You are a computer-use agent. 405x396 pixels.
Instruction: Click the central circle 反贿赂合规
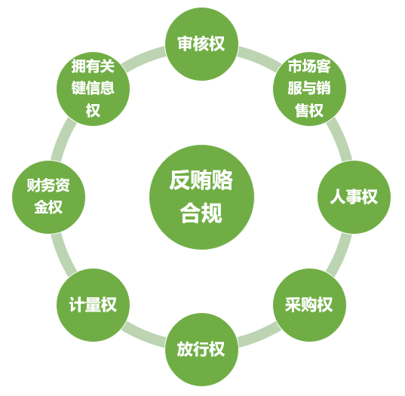click(x=201, y=197)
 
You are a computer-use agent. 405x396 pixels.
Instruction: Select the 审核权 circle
click(x=201, y=44)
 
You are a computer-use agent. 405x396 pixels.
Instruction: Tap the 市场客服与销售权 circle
click(x=309, y=89)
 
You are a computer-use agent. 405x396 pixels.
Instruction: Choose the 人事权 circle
click(x=354, y=197)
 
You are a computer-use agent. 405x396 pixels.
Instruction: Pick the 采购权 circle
click(x=309, y=305)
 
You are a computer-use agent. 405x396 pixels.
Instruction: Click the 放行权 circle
click(x=201, y=349)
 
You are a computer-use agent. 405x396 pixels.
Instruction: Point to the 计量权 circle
click(x=93, y=305)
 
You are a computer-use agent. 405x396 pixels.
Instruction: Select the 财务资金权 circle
click(x=48, y=197)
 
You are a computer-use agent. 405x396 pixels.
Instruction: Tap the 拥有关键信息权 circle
click(x=93, y=89)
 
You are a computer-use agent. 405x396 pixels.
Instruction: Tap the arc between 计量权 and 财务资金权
click(x=62, y=256)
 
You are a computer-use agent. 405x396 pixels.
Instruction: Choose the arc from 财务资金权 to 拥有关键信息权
click(x=62, y=139)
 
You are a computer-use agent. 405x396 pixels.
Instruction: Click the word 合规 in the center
click(x=201, y=213)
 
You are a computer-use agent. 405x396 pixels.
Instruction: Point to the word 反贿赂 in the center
click(x=201, y=180)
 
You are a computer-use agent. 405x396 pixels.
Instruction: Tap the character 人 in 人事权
click(x=338, y=197)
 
